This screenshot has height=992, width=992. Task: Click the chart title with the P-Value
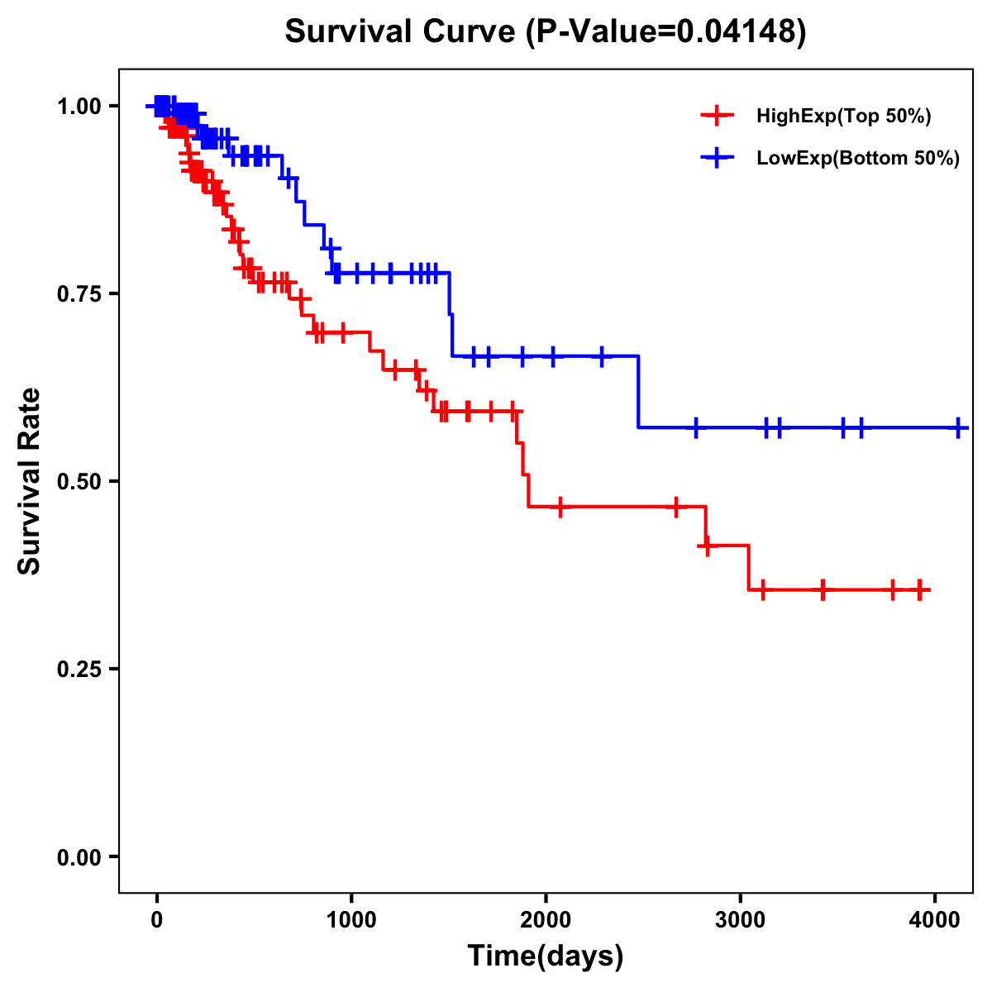(545, 32)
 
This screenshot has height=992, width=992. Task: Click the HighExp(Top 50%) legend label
(844, 117)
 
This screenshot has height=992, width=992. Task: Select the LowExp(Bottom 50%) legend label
(858, 159)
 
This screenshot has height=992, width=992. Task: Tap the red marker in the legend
(717, 117)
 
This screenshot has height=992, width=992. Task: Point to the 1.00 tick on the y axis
(79, 107)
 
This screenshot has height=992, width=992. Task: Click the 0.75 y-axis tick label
(79, 294)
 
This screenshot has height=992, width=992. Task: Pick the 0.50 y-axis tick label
(79, 482)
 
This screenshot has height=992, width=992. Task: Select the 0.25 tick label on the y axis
(79, 670)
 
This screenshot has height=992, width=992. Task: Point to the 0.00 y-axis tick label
(79, 857)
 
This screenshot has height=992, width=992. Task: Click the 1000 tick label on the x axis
(351, 917)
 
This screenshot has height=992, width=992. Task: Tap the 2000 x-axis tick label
(546, 917)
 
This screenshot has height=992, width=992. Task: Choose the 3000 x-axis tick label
(740, 917)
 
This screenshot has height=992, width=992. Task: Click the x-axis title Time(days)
(546, 956)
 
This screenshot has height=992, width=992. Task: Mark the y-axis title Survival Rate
(30, 480)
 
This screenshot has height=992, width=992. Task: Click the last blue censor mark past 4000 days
(958, 427)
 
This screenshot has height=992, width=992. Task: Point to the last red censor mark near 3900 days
(920, 589)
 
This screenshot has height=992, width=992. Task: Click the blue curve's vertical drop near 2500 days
(639, 392)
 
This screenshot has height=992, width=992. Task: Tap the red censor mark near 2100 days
(560, 506)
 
